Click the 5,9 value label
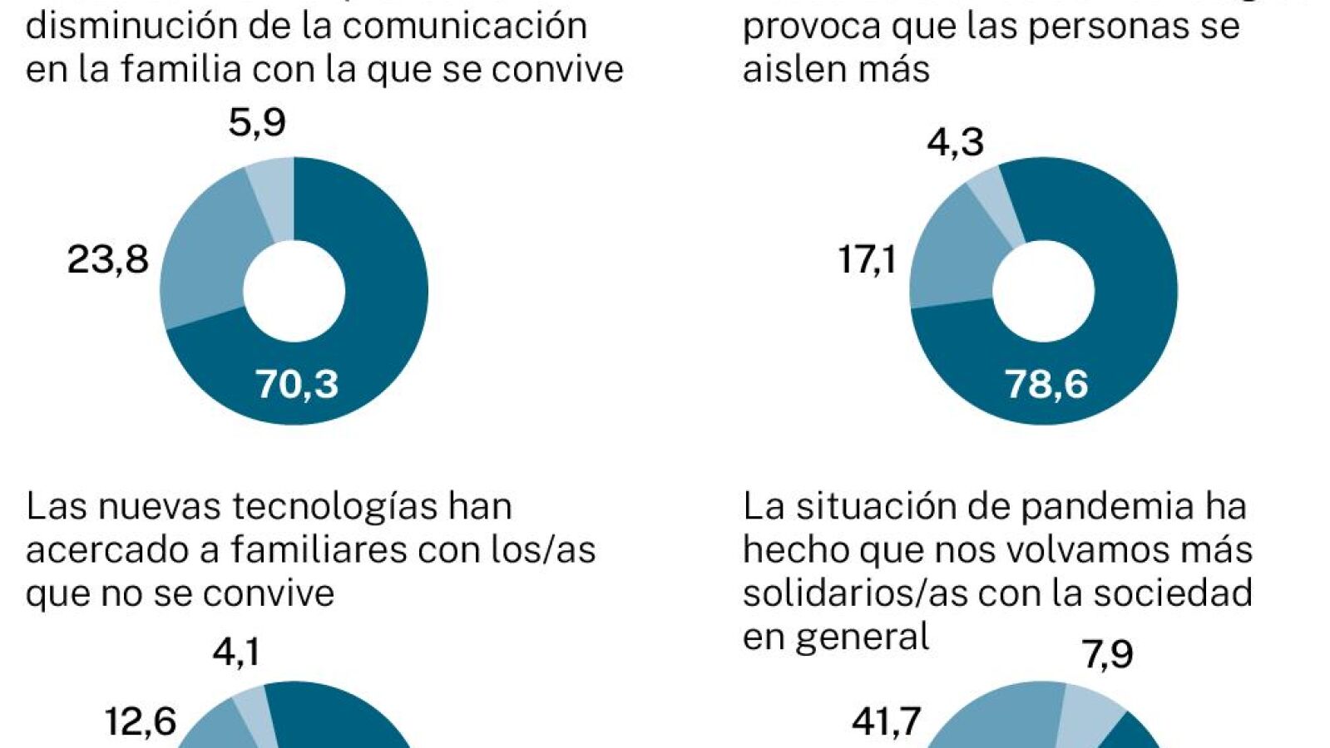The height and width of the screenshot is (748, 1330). pos(257,123)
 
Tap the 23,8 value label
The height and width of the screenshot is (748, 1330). pos(108,260)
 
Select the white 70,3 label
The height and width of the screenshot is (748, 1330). pos(297,384)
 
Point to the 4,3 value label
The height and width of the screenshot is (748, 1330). pos(956,142)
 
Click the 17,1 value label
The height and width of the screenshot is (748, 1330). pos(867,260)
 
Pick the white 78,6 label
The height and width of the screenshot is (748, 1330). pos(1046,384)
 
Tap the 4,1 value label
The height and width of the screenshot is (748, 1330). pos(236,652)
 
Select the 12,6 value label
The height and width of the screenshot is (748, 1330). pos(141,721)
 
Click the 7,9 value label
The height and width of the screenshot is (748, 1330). pos(1107,655)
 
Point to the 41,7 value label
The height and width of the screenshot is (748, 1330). pos(886,721)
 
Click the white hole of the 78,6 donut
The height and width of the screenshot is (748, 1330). pos(1043,291)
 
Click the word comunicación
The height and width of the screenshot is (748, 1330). pos(465,26)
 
